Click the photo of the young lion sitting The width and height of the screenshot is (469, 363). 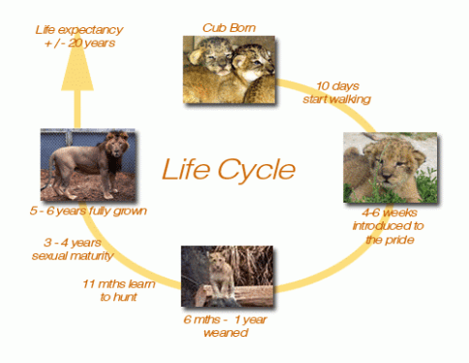click(228, 276)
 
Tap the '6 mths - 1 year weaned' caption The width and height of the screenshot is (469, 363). click(226, 326)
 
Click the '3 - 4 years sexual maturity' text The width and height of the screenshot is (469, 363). click(72, 248)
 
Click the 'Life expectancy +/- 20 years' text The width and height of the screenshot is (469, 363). click(73, 34)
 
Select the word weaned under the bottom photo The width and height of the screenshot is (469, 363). click(226, 333)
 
